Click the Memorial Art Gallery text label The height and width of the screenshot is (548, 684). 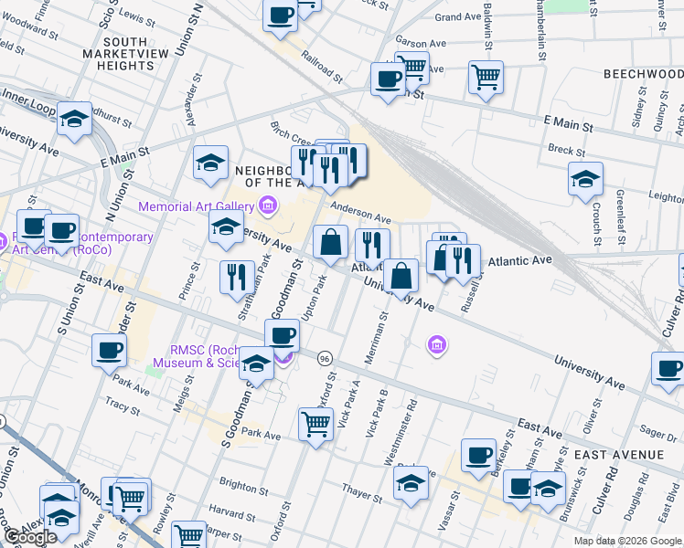[197, 206]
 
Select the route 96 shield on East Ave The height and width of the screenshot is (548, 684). [325, 358]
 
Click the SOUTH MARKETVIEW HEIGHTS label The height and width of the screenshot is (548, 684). [128, 54]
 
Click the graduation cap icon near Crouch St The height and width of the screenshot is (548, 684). [585, 179]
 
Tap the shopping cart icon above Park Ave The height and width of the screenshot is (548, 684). [315, 422]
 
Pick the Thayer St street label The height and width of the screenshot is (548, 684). [361, 493]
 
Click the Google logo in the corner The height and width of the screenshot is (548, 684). [29, 537]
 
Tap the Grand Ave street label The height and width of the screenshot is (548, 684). [458, 17]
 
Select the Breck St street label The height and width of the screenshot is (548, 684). [566, 151]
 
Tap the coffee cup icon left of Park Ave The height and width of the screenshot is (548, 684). [110, 349]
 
